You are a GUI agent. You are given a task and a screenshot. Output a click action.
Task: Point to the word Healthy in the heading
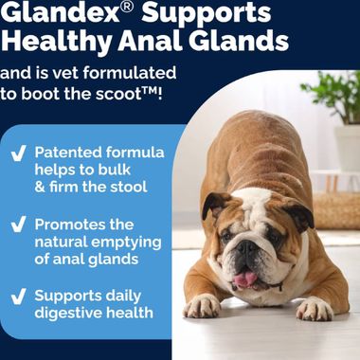click(x=52, y=42)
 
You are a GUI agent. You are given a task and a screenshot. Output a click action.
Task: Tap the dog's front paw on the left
click(x=202, y=306)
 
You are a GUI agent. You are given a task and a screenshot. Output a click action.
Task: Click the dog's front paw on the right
click(x=314, y=308)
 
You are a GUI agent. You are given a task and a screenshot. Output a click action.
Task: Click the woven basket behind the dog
click(x=335, y=208)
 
